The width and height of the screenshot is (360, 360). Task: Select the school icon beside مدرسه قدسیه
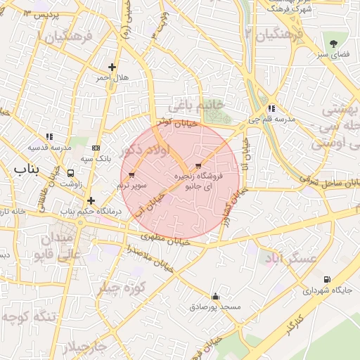click(49, 136)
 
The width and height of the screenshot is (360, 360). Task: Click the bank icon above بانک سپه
click(96, 148)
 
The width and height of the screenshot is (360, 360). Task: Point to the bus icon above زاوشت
click(70, 172)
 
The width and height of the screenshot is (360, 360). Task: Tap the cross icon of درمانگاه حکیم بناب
click(91, 200)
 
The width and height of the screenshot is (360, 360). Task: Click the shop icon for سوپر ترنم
click(132, 174)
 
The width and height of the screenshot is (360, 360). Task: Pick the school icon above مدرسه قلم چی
click(271, 108)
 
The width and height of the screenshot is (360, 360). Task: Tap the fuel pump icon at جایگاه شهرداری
click(327, 279)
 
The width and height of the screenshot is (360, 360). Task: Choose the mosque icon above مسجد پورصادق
click(215, 296)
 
